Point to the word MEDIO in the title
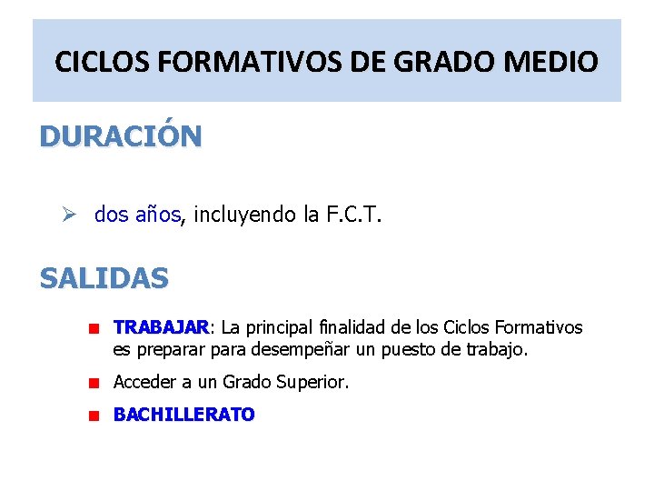point(554,62)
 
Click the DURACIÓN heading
point(121,136)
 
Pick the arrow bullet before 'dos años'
point(77,215)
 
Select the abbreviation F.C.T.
point(351,215)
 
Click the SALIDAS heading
point(104,277)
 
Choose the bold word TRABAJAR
point(161,327)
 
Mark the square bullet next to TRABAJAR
point(93,328)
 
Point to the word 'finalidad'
point(358,327)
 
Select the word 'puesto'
point(426,349)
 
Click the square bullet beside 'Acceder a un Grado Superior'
point(93,384)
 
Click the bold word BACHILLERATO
point(183,415)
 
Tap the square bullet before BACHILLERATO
point(93,416)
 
